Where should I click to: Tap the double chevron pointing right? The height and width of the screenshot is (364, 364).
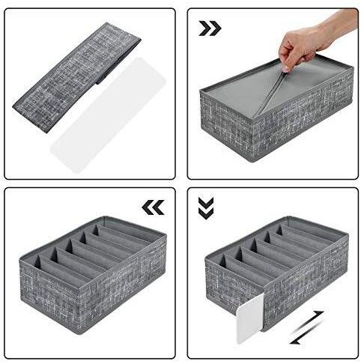(210, 28)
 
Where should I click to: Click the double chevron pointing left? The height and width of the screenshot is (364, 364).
(153, 207)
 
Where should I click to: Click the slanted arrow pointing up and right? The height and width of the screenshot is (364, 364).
(315, 317)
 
